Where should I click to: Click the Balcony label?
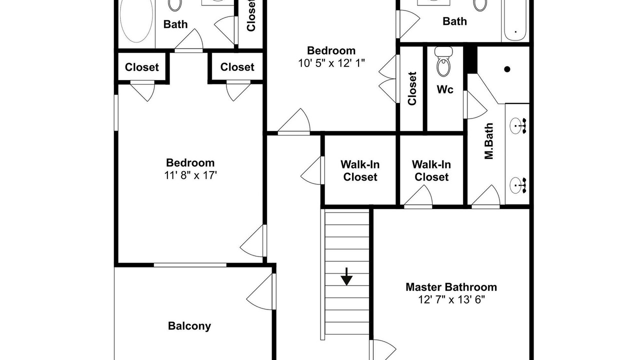[x=189, y=326]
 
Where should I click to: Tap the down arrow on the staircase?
[x=346, y=276]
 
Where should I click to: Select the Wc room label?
[x=445, y=89]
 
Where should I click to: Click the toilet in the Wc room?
[x=443, y=61]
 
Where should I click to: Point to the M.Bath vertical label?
[x=489, y=141]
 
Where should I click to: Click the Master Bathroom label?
[x=451, y=287]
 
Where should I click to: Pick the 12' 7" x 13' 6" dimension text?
[x=451, y=299]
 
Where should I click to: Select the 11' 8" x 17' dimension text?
[x=190, y=175]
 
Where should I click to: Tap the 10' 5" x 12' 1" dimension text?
[x=331, y=63]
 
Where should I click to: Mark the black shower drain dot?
[x=507, y=69]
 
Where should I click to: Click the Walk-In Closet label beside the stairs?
[x=360, y=170]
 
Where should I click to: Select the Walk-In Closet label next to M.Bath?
[x=431, y=170]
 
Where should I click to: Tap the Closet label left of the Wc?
[x=412, y=88]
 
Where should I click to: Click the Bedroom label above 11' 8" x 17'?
[x=190, y=163]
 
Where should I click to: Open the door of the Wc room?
[x=475, y=105]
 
